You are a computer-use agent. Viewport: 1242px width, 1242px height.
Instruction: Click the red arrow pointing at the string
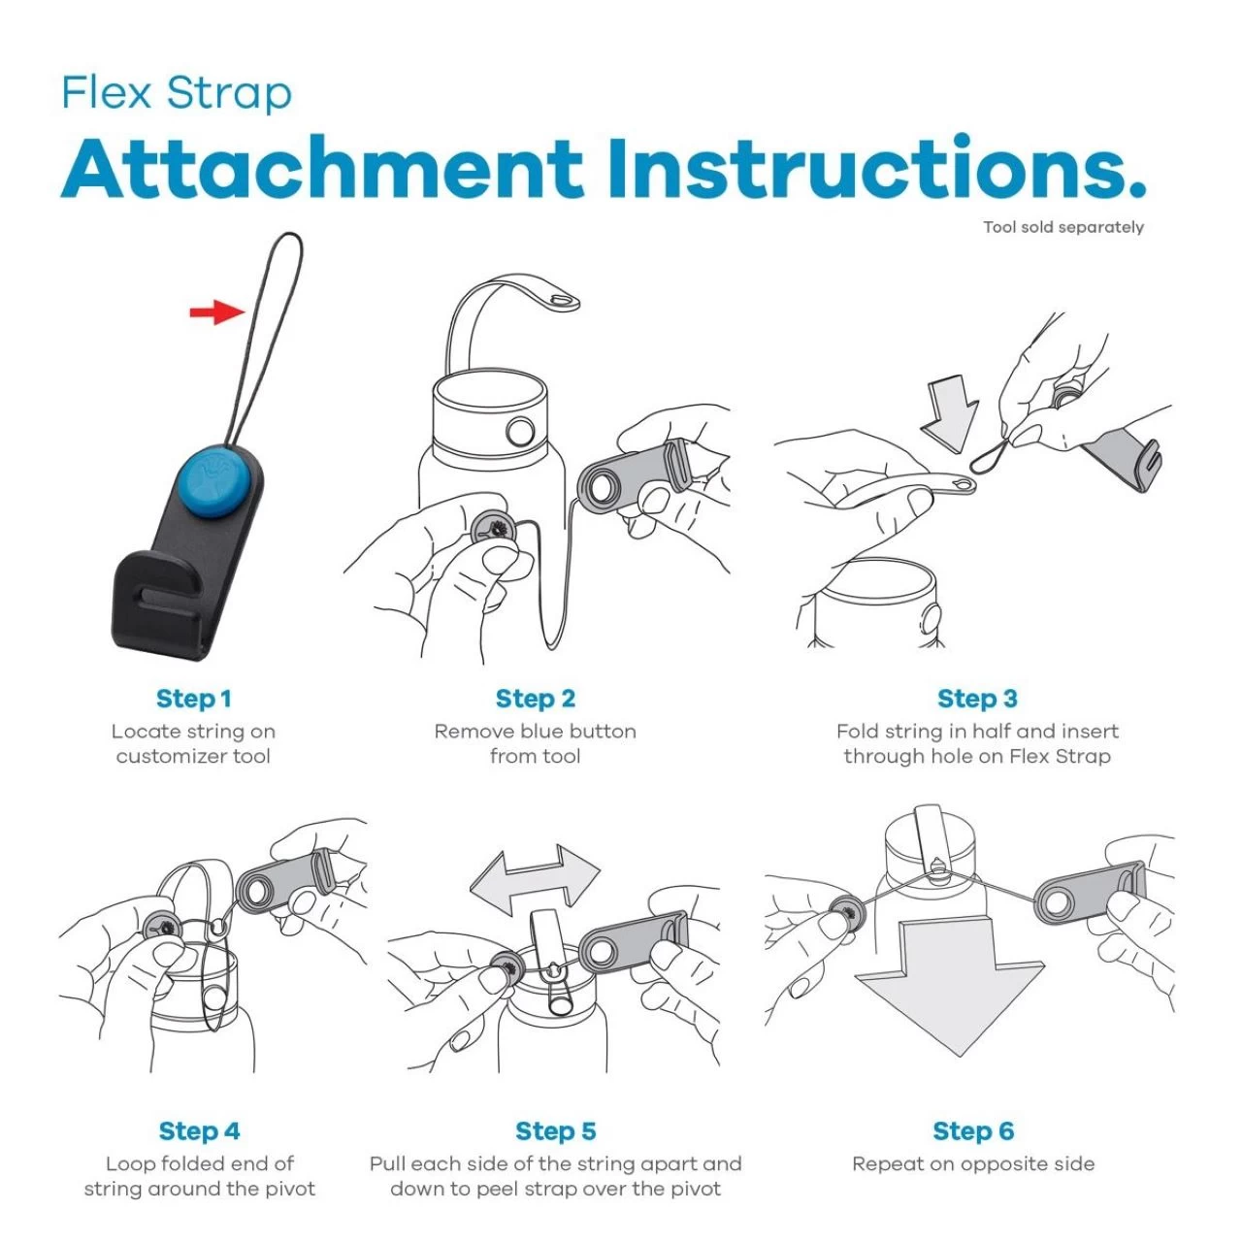(217, 311)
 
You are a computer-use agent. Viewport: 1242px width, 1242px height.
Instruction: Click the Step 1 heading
(193, 699)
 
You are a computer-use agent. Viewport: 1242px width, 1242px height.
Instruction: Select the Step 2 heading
(535, 699)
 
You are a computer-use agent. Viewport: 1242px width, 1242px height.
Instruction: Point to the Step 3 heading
(977, 699)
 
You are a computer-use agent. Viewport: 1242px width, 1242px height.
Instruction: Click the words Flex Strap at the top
(177, 94)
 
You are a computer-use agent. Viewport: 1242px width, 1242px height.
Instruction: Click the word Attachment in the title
(321, 168)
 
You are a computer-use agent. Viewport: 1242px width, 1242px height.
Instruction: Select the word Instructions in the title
(877, 166)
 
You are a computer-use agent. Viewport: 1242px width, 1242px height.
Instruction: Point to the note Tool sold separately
(1062, 227)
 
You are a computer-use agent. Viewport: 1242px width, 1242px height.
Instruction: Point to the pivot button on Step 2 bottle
(520, 432)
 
